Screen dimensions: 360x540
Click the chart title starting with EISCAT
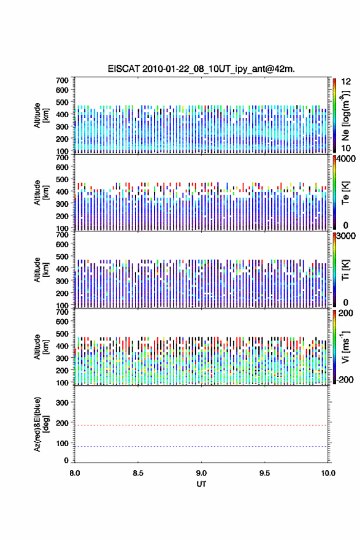[201, 69]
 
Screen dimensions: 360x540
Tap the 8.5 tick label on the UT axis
[138, 473]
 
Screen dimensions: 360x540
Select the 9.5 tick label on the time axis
[265, 473]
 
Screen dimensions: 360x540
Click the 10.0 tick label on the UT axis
[328, 473]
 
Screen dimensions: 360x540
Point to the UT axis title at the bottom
[201, 484]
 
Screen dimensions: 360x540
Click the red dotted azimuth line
[201, 425]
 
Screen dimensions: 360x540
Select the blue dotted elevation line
[201, 446]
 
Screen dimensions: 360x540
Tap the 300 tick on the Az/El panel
[62, 403]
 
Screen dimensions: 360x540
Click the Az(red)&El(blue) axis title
[41, 425]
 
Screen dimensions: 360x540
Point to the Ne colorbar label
[345, 116]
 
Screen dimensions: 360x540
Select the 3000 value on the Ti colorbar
[346, 236]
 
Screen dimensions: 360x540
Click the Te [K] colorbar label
[345, 193]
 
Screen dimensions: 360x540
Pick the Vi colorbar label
[345, 347]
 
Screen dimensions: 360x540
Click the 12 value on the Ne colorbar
[346, 82]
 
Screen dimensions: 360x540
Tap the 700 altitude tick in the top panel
[62, 80]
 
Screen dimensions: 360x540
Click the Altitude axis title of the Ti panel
[41, 269]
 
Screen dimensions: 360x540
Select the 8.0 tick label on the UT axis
[75, 473]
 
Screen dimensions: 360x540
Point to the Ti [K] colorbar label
[345, 270]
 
